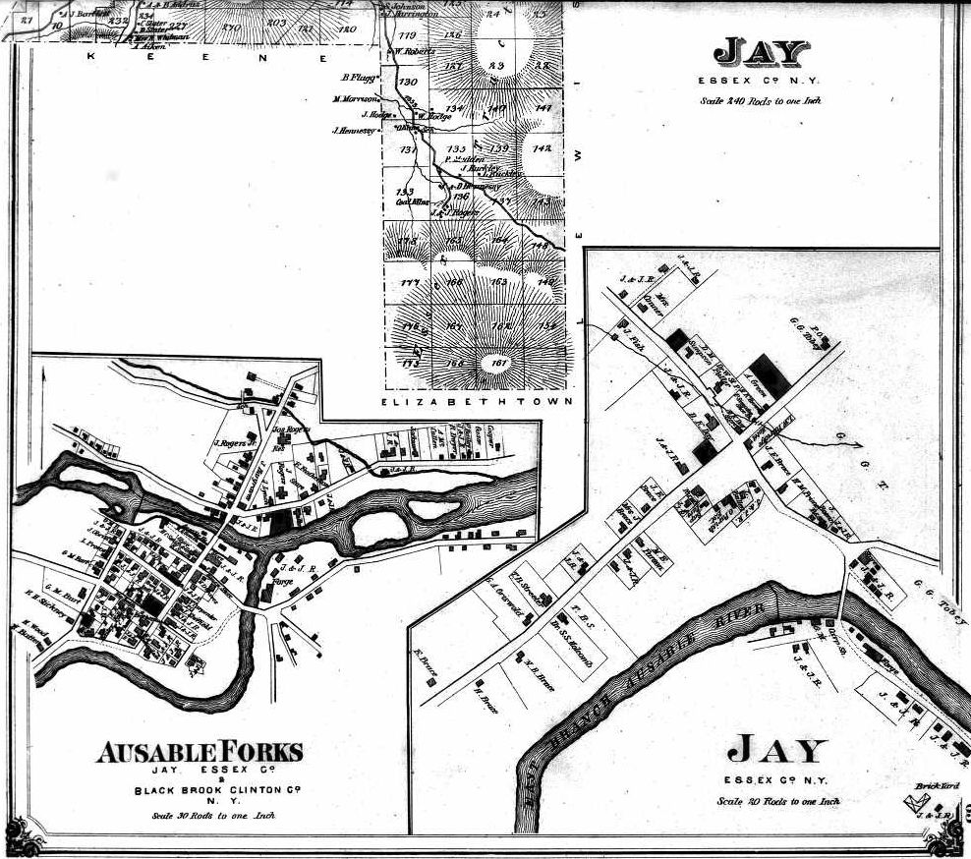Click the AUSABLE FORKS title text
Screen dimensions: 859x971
pos(200,754)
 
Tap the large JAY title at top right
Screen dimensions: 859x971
pos(762,52)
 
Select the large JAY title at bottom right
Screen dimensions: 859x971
pos(776,752)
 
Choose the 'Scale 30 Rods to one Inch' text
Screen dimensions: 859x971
pos(214,815)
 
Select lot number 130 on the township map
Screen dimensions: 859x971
pos(409,82)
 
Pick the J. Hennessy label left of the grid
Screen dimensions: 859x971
pos(351,131)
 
